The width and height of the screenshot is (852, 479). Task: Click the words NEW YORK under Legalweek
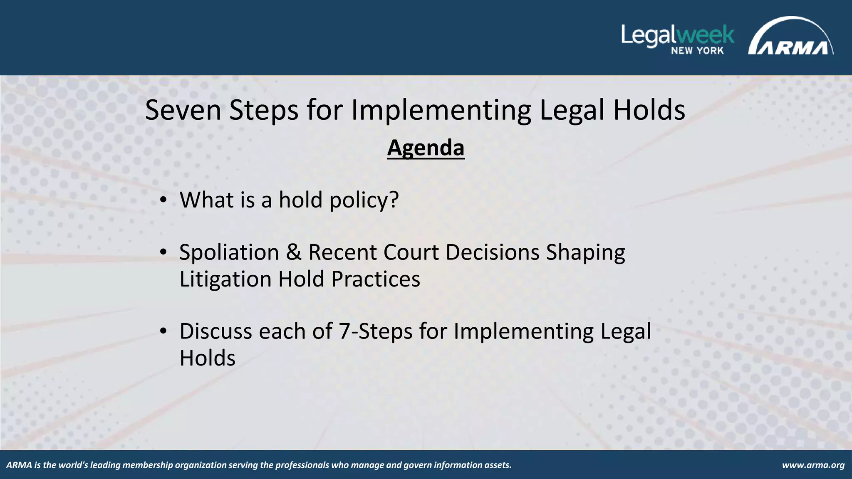(697, 51)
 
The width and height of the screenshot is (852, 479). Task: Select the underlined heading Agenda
(426, 148)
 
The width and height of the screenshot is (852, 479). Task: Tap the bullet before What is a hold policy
(163, 201)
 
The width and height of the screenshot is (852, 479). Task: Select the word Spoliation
(229, 252)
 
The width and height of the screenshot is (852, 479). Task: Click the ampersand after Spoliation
(294, 252)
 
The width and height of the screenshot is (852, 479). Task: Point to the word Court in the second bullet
(411, 252)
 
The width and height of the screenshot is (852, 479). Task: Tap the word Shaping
(585, 252)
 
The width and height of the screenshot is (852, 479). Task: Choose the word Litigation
(225, 279)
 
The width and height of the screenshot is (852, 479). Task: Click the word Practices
(376, 279)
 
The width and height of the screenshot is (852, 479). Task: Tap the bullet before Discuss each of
(163, 332)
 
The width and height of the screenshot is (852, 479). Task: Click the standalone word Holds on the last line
(207, 358)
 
